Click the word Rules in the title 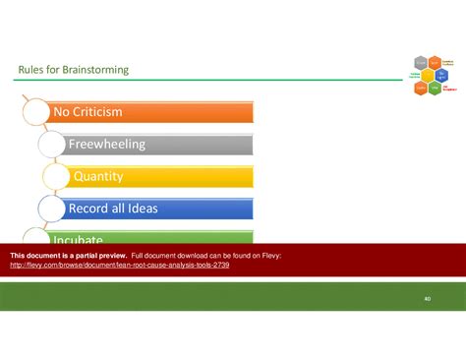(30, 70)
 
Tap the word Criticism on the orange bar (103, 112)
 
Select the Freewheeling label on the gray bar (106, 145)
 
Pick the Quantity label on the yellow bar (97, 176)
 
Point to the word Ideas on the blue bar (140, 209)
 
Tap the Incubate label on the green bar (79, 239)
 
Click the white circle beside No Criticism (34, 111)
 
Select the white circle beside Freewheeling (51, 145)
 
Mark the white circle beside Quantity (57, 177)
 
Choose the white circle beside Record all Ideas (51, 209)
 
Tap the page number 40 (428, 298)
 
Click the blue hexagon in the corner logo (440, 76)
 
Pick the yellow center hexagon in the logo (427, 76)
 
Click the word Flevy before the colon (271, 256)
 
